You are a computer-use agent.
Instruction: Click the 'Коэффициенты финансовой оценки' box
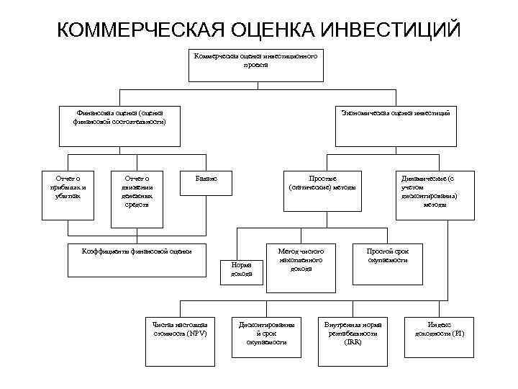point(137,259)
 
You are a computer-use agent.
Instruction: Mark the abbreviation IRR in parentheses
point(353,342)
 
